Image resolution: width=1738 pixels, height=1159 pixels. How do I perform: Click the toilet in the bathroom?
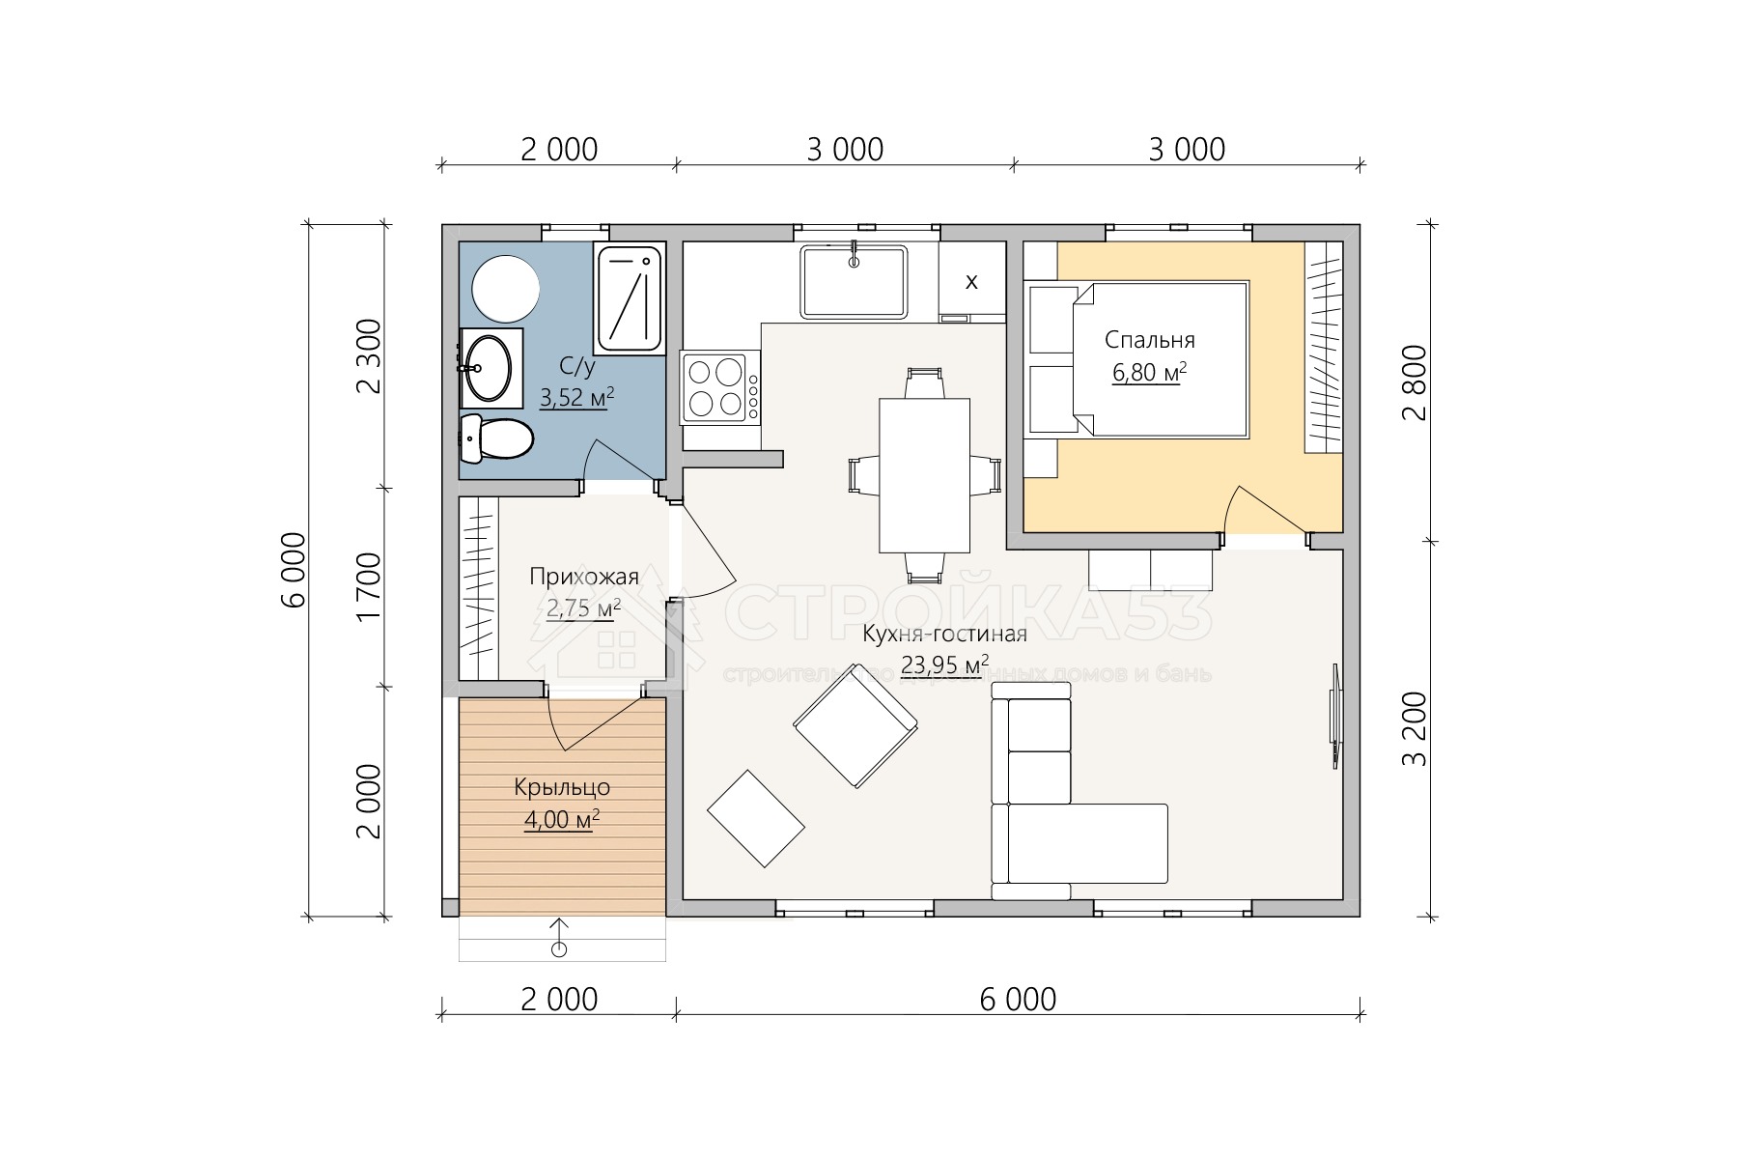496,439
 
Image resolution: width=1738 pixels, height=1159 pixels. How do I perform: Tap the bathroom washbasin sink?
490,367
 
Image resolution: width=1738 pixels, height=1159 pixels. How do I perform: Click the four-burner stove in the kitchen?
720,387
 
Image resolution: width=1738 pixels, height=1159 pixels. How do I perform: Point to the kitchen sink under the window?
855,281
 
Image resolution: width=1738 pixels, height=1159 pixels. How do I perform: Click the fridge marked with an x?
971,281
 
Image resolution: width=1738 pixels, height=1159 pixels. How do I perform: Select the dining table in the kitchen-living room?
924,475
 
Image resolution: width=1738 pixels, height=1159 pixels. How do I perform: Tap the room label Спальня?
1149,340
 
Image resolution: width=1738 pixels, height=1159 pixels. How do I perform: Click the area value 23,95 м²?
944,664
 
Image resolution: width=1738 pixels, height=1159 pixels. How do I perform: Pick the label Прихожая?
583,577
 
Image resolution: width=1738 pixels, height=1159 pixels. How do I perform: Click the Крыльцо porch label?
562,787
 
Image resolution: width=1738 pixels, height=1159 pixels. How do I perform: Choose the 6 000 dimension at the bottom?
1018,999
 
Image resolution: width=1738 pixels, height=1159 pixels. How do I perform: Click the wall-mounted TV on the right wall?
1337,716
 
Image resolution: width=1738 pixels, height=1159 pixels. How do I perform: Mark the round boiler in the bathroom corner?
505,288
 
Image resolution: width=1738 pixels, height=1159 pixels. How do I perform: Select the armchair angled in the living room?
855,726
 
